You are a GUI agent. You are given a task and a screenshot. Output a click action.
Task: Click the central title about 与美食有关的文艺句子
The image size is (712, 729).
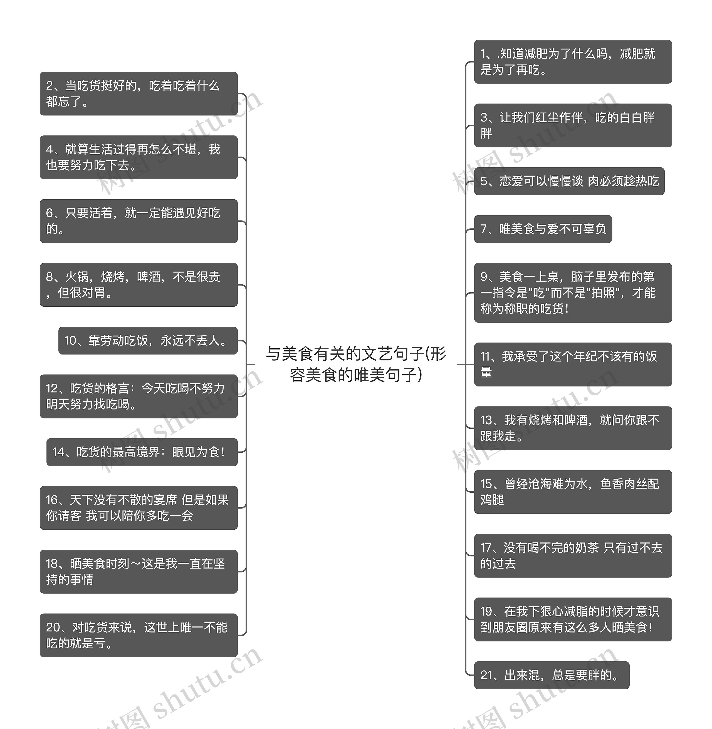356,364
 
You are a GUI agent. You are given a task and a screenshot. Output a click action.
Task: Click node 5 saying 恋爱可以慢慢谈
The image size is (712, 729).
569,181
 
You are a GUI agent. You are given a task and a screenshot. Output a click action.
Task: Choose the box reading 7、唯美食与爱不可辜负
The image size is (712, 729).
543,229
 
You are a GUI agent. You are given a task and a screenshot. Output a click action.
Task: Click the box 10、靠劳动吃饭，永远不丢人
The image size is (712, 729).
148,340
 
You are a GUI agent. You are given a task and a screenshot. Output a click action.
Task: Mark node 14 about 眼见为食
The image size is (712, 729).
142,452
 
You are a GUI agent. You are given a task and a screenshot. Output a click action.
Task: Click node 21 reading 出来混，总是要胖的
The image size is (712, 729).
552,675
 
